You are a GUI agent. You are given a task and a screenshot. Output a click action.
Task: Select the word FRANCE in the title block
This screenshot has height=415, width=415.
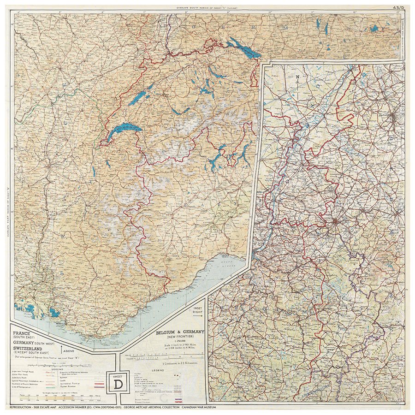tap(22, 332)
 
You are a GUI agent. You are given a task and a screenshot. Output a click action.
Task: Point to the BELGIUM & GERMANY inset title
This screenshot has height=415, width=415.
tap(179, 332)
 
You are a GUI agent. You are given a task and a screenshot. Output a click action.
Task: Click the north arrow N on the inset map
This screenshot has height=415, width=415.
tap(298, 77)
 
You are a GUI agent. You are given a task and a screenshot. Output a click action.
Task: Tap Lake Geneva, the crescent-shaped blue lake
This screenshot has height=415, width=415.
tap(123, 131)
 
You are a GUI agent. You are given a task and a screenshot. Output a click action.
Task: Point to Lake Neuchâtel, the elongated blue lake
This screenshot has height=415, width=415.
tap(139, 97)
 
